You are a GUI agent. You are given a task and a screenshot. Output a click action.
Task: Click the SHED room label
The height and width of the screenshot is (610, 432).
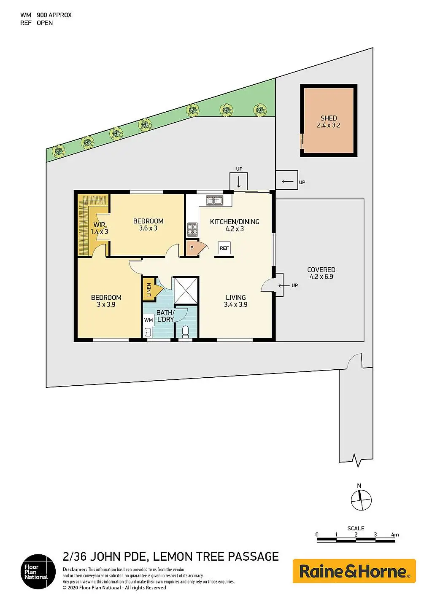tap(329, 121)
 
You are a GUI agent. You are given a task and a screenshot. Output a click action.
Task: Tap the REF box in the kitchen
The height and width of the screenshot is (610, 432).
tap(224, 248)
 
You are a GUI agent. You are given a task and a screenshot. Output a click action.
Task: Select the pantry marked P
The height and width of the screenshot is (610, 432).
tap(192, 248)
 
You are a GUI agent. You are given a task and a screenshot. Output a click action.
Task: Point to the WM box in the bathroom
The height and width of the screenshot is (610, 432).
tap(148, 320)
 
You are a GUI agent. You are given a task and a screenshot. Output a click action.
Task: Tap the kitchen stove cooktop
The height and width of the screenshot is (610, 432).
tap(192, 229)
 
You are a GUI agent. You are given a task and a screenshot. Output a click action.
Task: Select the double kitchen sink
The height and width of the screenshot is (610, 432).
tap(214, 201)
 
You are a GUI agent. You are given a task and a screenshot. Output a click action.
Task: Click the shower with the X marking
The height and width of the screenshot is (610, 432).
tap(186, 290)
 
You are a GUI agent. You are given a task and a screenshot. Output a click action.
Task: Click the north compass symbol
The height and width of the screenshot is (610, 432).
tap(361, 500)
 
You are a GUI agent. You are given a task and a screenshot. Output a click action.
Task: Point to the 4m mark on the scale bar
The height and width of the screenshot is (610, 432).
tap(395, 535)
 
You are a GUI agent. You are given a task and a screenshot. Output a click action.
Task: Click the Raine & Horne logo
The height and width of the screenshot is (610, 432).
tap(354, 571)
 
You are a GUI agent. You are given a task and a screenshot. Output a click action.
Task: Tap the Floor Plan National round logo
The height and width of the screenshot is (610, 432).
tap(38, 572)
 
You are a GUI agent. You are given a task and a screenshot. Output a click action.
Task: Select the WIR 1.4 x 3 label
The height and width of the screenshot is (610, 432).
tap(100, 228)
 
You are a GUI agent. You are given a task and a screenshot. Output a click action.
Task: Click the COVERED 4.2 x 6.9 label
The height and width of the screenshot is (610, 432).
tap(321, 273)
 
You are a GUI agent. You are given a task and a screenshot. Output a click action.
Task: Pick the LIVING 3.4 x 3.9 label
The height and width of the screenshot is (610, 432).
tap(235, 301)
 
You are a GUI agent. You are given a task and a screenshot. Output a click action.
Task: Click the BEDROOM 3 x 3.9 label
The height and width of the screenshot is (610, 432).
tap(106, 301)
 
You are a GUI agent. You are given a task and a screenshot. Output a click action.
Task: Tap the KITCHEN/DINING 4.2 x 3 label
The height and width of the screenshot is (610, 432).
tap(235, 225)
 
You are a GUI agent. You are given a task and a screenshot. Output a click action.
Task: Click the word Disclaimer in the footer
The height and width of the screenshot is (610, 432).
tap(75, 570)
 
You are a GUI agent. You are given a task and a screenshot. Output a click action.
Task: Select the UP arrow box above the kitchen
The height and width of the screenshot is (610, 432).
tap(239, 182)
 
